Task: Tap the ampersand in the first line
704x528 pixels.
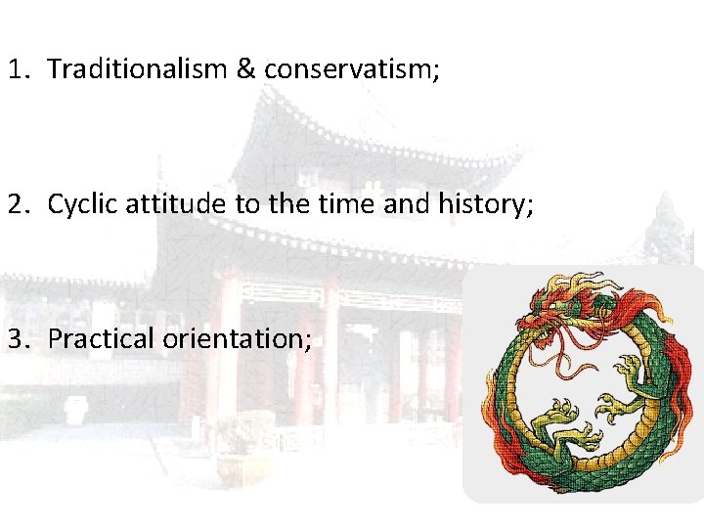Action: point(243,68)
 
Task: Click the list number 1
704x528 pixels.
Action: point(16,68)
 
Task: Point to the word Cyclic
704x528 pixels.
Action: point(80,204)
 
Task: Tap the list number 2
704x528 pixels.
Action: point(16,203)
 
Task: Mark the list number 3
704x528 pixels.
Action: point(16,339)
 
